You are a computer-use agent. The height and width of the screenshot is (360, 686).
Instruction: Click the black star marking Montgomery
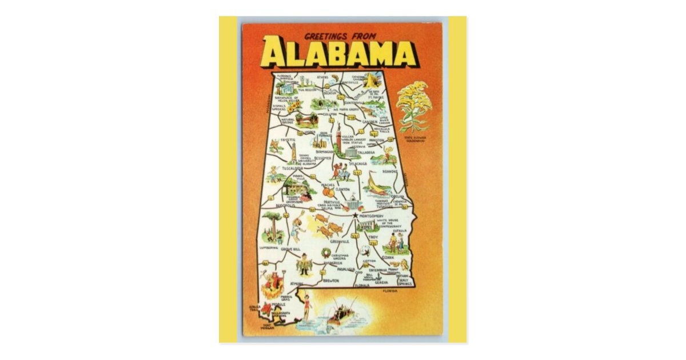[x=356, y=215]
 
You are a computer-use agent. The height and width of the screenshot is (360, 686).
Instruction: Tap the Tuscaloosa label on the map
[x=292, y=169]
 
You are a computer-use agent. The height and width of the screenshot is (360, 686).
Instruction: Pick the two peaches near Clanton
[x=330, y=193]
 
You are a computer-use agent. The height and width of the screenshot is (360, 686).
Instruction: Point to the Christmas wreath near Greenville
[x=326, y=251]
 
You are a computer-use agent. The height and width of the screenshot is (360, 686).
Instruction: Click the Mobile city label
[x=278, y=305]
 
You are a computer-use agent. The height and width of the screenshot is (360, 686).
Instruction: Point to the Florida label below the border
[x=390, y=291]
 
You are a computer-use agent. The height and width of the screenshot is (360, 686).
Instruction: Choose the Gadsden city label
[x=370, y=121]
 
